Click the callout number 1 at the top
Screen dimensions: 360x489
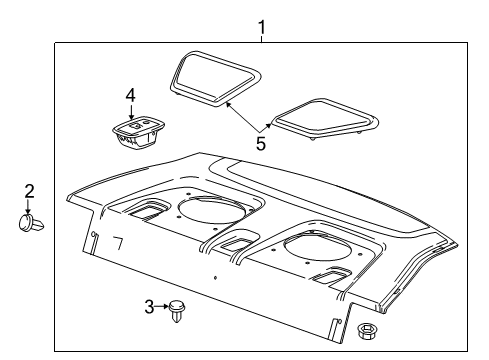pyautogui.click(x=262, y=27)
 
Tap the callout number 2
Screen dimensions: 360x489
pyautogui.click(x=28, y=190)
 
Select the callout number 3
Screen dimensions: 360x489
pyautogui.click(x=149, y=307)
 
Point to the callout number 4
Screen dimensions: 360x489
pyautogui.click(x=129, y=95)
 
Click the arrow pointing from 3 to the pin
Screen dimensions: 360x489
pyautogui.click(x=162, y=307)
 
